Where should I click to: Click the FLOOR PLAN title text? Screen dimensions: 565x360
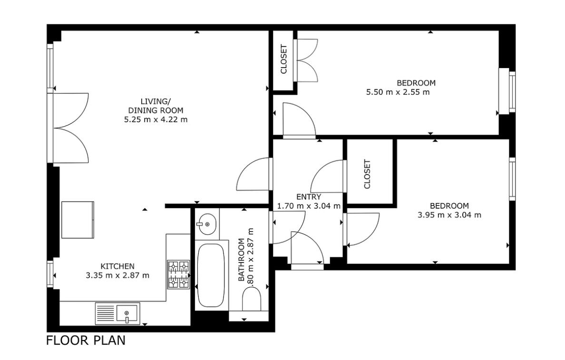[86, 340]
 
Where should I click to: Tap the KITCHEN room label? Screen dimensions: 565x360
[117, 266]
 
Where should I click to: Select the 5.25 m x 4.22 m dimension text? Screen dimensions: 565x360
[156, 119]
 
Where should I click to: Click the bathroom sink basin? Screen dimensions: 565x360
[206, 224]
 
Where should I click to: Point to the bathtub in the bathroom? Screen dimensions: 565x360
[212, 276]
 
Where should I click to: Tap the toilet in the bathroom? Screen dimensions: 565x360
[252, 298]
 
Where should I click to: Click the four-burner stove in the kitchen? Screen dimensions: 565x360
[178, 274]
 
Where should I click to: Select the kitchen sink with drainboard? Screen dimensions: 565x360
[117, 313]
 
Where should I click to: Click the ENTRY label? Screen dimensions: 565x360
[309, 197]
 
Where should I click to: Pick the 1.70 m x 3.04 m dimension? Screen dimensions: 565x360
[309, 206]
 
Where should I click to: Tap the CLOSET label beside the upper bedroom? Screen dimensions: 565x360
[284, 59]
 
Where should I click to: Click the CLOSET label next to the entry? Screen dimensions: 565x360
[367, 174]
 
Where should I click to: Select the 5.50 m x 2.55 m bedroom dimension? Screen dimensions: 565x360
[398, 92]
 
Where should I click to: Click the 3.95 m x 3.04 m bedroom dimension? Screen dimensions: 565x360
[449, 215]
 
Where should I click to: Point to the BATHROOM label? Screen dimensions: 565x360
[242, 260]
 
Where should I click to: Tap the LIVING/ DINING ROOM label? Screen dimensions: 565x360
[156, 106]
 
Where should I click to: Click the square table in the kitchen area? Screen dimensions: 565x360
[78, 220]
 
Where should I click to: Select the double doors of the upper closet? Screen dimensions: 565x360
[305, 60]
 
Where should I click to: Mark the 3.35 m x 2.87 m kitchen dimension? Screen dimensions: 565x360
[117, 276]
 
